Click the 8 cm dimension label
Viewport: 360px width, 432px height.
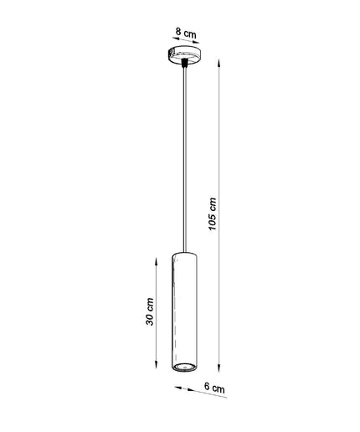point(186,33)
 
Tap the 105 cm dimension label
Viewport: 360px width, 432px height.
point(213,213)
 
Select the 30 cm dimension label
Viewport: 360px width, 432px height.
point(150,311)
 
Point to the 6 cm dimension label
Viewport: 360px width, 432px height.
point(214,388)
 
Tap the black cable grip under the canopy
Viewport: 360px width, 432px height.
point(184,63)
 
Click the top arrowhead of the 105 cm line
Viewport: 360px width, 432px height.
point(219,63)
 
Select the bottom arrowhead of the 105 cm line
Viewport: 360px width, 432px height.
point(219,368)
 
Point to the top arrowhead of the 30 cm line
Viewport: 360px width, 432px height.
point(157,262)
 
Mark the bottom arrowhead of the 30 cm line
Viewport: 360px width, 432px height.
point(157,363)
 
